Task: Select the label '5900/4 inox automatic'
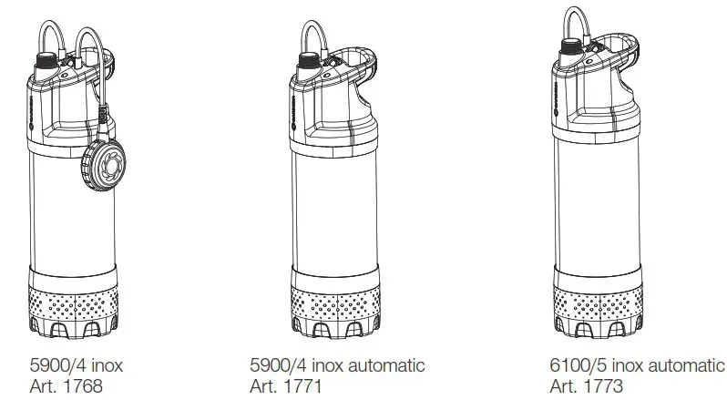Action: (x=337, y=365)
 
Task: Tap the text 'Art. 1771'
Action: (x=285, y=385)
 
